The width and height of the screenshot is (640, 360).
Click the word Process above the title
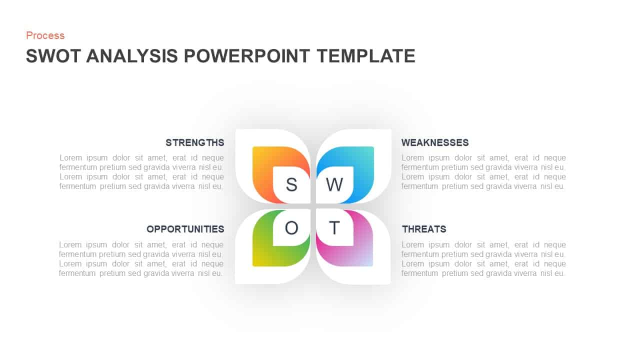45,35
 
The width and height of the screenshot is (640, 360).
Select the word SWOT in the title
53,56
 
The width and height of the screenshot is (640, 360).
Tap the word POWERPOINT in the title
247,56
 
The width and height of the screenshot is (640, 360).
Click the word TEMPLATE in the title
365,56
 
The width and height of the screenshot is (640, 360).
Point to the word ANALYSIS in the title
132,56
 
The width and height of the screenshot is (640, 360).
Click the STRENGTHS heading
195,142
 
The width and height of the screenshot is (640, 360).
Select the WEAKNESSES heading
435,142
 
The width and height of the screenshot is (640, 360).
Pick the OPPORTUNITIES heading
185,229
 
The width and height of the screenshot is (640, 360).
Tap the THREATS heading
424,229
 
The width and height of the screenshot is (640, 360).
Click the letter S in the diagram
291,184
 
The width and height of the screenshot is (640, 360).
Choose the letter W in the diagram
334,184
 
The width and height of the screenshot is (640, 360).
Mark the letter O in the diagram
291,228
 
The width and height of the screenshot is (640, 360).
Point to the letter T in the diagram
334,228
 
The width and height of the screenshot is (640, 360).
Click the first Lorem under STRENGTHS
70,157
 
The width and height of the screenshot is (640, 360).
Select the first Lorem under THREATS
412,244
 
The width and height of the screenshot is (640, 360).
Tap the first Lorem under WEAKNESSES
412,157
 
